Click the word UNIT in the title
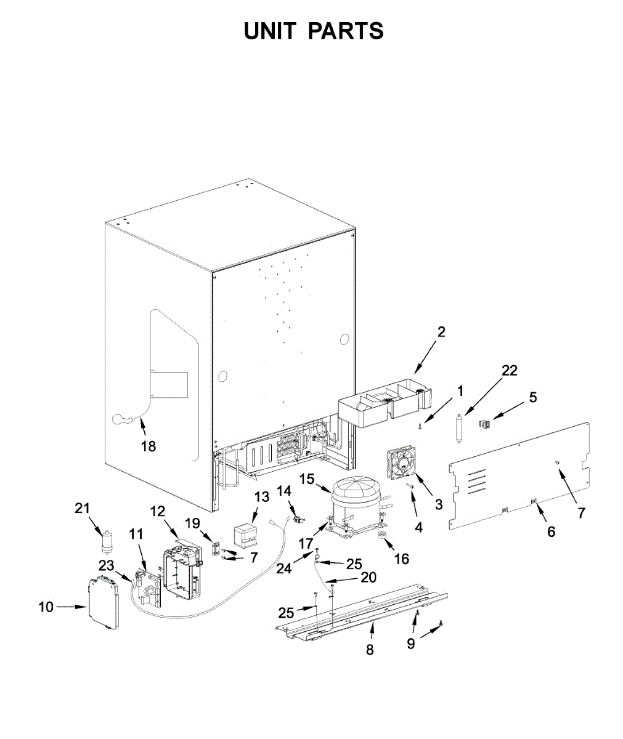[x=271, y=31]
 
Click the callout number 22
[x=509, y=370]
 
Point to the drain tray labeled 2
[x=383, y=406]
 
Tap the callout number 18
[x=149, y=446]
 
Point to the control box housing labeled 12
[x=182, y=570]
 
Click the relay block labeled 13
[x=246, y=535]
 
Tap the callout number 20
[x=368, y=578]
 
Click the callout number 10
[x=46, y=607]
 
